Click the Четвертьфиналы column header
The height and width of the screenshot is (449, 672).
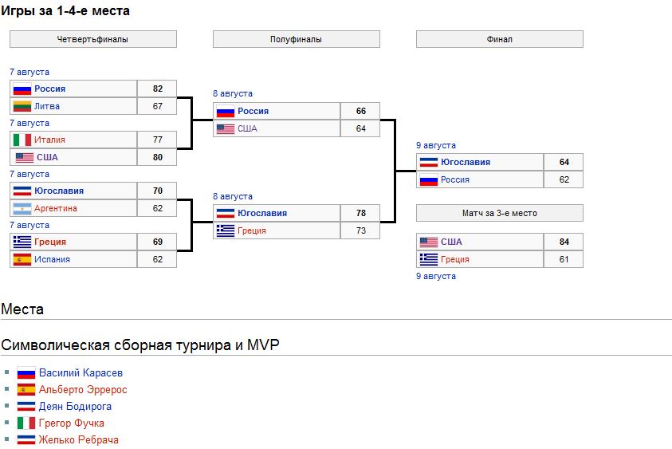92,39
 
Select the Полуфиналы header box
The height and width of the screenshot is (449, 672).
296,39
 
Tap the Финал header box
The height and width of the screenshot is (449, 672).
499,39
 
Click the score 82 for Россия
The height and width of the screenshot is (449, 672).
157,89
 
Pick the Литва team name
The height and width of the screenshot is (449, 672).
47,106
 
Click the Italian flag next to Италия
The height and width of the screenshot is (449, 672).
22,140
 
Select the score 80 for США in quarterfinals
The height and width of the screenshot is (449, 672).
157,157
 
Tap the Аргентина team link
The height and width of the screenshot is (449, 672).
56,208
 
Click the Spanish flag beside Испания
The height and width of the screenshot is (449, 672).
22,259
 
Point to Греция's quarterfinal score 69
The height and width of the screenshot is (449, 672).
157,242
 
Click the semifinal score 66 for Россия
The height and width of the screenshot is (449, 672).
360,111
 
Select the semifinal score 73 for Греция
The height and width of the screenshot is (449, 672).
360,230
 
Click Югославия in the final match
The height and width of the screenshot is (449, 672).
466,162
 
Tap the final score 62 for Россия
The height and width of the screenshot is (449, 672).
564,179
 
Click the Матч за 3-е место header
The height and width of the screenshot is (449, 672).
499,213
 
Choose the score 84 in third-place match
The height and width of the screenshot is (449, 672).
564,242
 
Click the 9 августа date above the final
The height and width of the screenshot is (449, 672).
436,145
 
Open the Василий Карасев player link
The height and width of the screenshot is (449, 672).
81,372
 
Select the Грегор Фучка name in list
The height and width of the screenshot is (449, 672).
71,423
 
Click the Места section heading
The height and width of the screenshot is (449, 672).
22,309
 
